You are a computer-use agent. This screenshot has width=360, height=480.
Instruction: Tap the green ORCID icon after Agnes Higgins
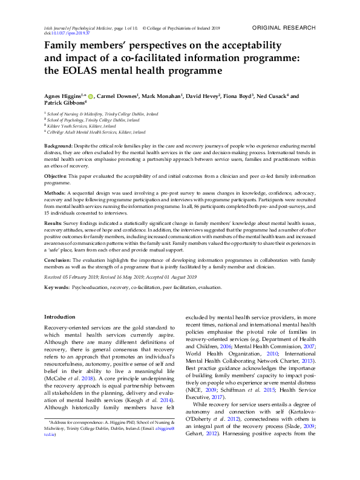(x=91, y=96)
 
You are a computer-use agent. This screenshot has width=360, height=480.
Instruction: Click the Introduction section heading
(x=61, y=317)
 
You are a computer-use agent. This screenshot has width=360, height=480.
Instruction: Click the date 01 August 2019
(x=180, y=277)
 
